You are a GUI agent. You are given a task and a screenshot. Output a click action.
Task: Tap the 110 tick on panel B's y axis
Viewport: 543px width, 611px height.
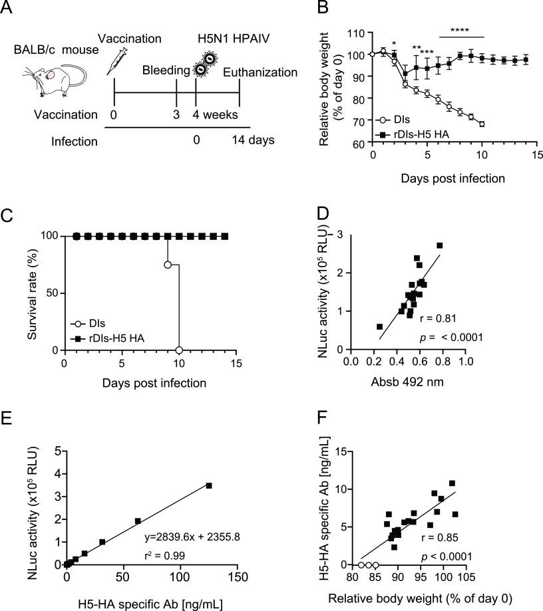coord(357,33)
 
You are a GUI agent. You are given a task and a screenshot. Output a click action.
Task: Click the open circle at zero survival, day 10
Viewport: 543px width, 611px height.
coord(179,350)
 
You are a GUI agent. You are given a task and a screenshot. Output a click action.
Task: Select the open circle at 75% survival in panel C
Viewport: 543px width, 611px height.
coord(168,265)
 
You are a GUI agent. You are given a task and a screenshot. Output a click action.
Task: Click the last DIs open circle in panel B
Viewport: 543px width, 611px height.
coord(482,124)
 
